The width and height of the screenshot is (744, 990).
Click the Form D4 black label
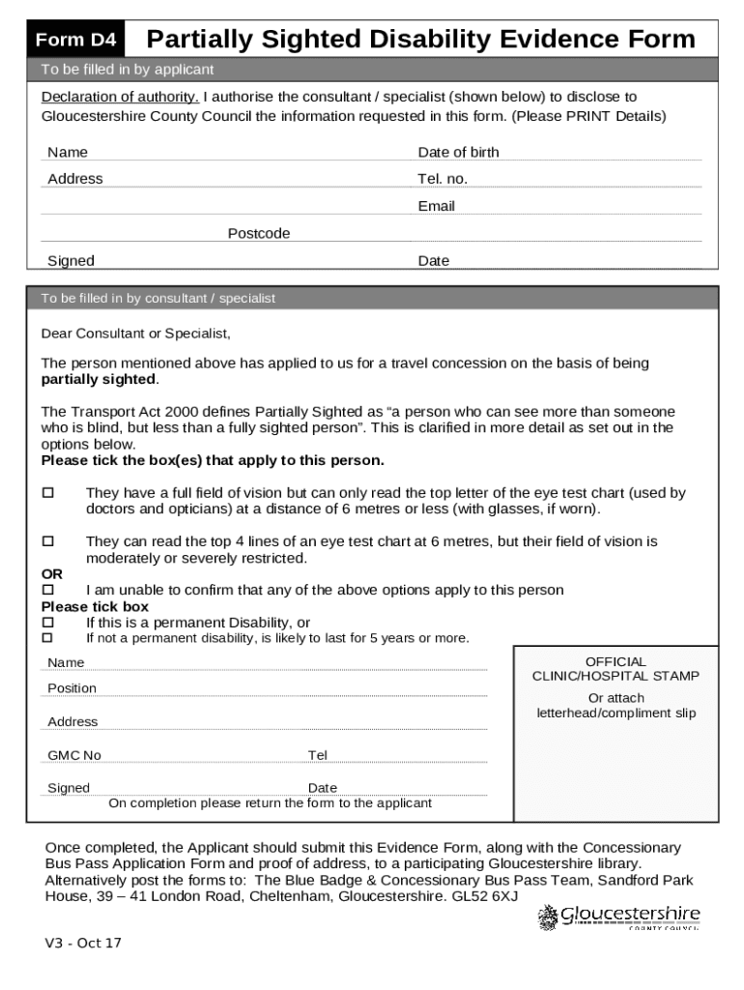pyautogui.click(x=76, y=41)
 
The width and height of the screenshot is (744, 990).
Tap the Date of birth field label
pyautogui.click(x=458, y=152)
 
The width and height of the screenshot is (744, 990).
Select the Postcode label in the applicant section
pyautogui.click(x=259, y=233)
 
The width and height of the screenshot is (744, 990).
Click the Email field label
pyautogui.click(x=436, y=206)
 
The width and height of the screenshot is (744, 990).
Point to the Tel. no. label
pyautogui.click(x=442, y=179)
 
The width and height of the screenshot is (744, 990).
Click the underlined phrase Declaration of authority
pyautogui.click(x=120, y=97)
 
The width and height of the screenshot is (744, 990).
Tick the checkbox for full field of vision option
pyautogui.click(x=46, y=493)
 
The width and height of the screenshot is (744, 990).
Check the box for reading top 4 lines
pyautogui.click(x=46, y=541)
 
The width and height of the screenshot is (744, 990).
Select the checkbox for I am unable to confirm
pyautogui.click(x=46, y=590)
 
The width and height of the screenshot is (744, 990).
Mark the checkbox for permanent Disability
pyautogui.click(x=46, y=623)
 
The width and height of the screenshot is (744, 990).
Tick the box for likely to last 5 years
pyautogui.click(x=46, y=638)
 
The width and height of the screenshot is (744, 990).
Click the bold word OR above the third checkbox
pyautogui.click(x=51, y=574)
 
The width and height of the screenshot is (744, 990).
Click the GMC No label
pyautogui.click(x=74, y=755)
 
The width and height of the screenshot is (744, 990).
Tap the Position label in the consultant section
pyautogui.click(x=72, y=688)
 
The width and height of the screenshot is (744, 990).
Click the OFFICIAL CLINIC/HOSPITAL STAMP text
pyautogui.click(x=615, y=669)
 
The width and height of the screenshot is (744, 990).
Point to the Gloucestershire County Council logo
pyautogui.click(x=618, y=917)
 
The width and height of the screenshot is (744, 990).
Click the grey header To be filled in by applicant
pyautogui.click(x=127, y=70)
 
